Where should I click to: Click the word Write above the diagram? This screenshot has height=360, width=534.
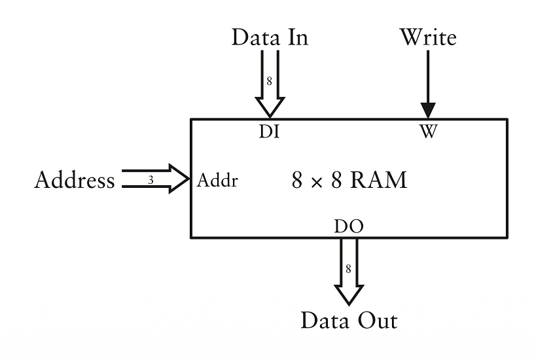428,37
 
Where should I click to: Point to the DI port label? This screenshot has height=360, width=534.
270,132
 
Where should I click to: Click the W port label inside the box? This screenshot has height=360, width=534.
428,132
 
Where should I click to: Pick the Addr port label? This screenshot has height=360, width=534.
217,181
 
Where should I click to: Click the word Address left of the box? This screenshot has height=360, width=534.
74,180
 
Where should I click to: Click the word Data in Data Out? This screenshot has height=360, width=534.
323,321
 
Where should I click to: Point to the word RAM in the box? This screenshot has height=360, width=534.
378,180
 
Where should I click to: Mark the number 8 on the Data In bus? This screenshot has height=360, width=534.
269,81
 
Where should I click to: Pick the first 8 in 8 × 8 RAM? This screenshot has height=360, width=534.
297,181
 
